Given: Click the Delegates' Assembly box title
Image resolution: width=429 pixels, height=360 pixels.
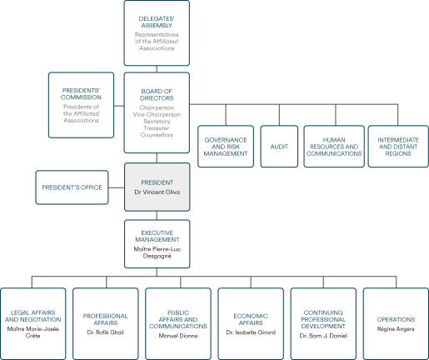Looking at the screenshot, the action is click(157, 22).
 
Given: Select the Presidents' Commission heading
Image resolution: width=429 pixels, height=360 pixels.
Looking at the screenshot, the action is click(81, 94).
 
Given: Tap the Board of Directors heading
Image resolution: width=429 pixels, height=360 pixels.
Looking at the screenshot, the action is click(157, 95).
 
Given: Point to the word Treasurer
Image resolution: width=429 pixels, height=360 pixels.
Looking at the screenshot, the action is click(157, 128).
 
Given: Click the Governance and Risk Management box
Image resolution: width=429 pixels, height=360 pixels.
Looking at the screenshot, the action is click(226, 147).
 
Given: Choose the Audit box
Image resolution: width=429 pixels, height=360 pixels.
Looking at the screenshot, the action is click(279, 147).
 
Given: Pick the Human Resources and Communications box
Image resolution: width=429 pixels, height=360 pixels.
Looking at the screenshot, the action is click(334, 147).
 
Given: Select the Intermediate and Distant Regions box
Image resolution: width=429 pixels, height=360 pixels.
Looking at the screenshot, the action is click(398, 147).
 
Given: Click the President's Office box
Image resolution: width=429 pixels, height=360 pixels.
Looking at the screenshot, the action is click(72, 187).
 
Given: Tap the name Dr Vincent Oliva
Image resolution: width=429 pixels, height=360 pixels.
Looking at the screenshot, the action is click(157, 192).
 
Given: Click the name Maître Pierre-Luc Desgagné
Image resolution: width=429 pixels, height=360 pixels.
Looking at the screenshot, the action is click(157, 252).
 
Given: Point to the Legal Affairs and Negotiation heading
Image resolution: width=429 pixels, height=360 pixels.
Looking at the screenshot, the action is click(33, 316).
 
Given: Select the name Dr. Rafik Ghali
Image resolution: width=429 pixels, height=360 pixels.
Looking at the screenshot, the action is click(106, 332).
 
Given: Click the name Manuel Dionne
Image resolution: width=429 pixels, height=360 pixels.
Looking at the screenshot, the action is click(178, 336).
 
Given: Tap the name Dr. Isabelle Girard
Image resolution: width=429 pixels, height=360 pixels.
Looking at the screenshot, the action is click(251, 332).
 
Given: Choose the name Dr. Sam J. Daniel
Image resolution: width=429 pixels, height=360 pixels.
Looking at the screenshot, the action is click(323, 336).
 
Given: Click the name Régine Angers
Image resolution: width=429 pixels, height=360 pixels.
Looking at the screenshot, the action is click(396, 329).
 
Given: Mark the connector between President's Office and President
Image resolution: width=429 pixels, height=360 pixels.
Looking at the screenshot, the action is click(117, 187).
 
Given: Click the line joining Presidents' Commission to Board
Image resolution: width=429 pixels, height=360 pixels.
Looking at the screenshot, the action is click(119, 106).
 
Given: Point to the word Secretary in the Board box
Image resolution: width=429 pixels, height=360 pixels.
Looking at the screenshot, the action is click(157, 122).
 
